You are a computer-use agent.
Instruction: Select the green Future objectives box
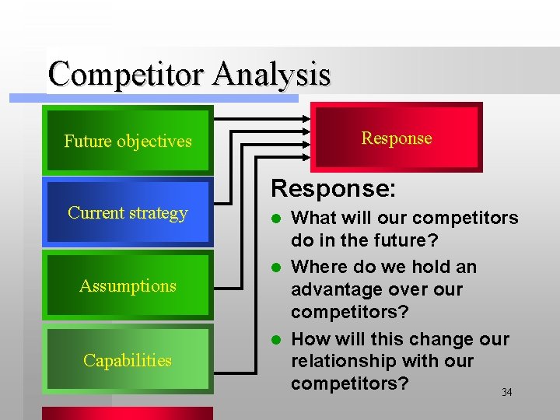(128, 141)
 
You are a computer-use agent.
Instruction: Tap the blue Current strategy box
(128, 212)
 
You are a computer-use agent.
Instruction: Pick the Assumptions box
(128, 285)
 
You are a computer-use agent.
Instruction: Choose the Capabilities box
(128, 360)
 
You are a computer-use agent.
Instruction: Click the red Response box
(396, 138)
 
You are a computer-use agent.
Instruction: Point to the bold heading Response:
(333, 189)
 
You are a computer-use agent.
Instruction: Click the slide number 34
(506, 393)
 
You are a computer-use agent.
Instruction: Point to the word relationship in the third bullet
(341, 361)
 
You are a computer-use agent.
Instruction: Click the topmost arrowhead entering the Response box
(305, 120)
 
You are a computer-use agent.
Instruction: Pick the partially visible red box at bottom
(128, 413)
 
